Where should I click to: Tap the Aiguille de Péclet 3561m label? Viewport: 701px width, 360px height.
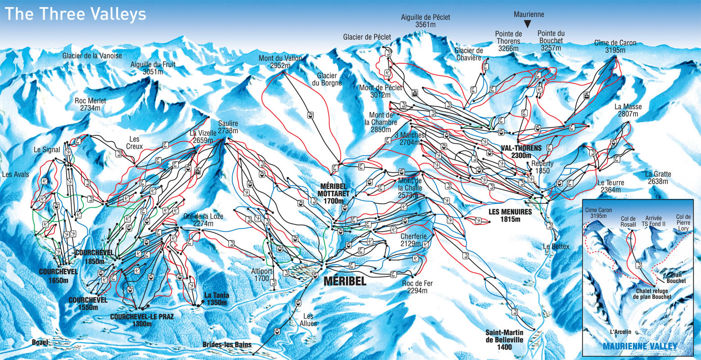coord(425,21)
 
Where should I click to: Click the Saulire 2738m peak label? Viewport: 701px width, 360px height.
coord(228,127)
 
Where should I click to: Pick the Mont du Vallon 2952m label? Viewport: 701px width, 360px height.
coord(280,62)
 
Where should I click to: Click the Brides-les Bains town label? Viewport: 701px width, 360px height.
coord(226,344)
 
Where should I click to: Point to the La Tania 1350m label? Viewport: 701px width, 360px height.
coord(217,299)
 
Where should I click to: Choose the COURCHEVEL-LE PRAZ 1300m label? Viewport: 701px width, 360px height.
coord(142,320)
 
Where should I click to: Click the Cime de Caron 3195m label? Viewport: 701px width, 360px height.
coord(615,47)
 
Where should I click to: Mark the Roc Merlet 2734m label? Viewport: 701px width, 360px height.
coord(90,104)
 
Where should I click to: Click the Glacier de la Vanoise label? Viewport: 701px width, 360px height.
coord(92,56)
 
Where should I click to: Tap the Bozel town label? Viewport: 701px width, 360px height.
coord(40,342)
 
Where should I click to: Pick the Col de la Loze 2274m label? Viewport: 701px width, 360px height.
coord(204,220)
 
